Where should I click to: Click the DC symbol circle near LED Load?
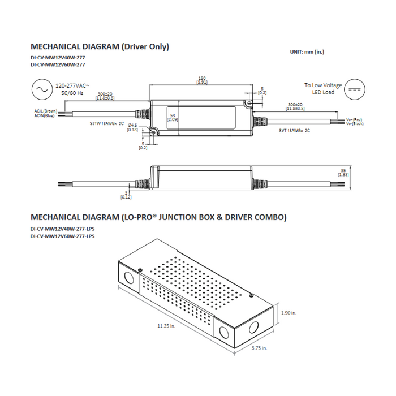click(355, 89)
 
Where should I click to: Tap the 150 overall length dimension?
click(201, 79)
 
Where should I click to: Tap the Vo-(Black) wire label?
click(355, 123)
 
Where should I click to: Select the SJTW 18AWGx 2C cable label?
click(106, 123)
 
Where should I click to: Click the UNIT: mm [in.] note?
click(307, 51)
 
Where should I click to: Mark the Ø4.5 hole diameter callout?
click(132, 127)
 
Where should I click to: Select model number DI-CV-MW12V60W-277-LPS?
click(62, 236)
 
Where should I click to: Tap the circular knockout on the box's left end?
click(129, 277)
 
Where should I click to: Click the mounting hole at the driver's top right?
click(248, 103)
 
